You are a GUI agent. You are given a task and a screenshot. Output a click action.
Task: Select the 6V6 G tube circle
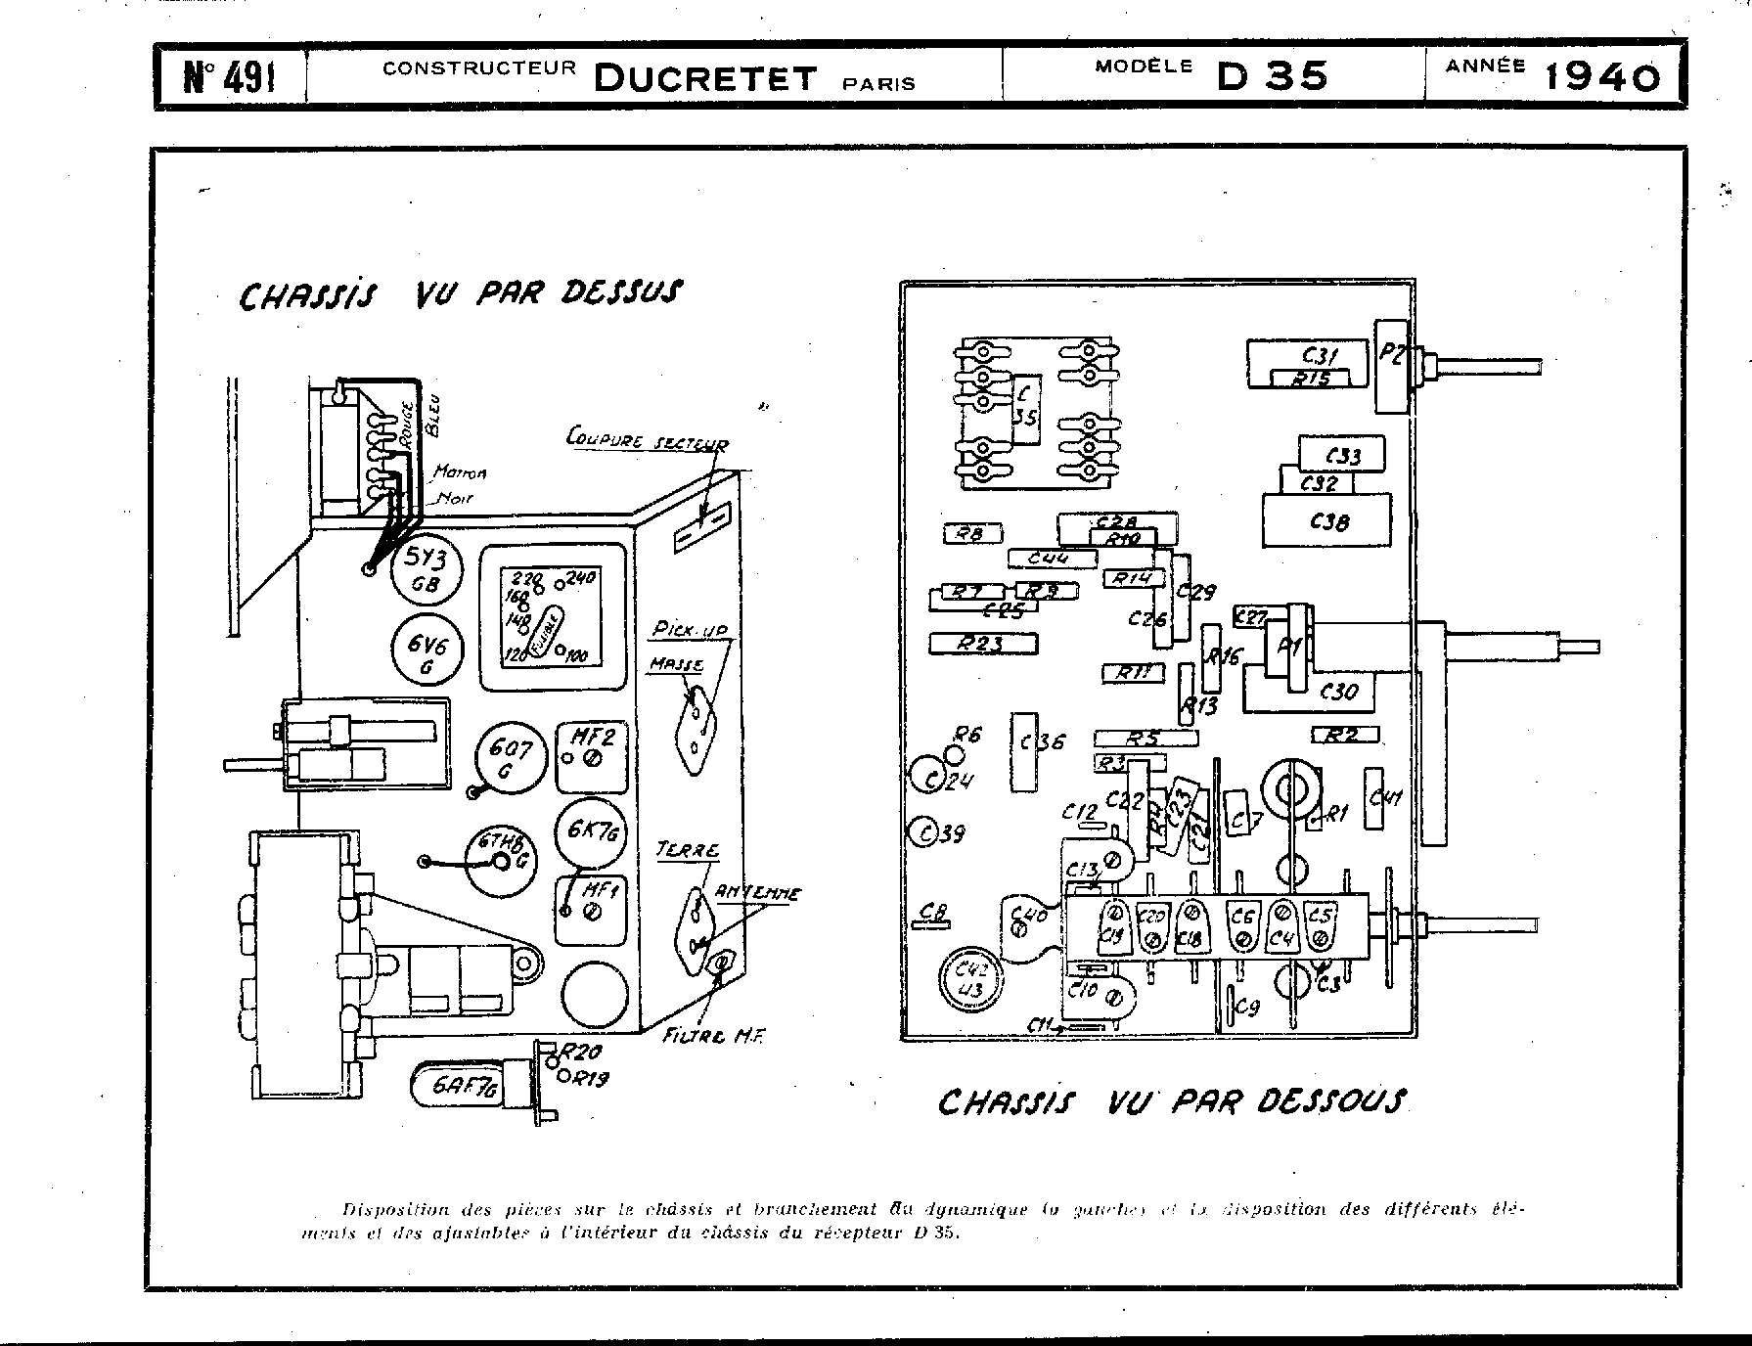pos(427,650)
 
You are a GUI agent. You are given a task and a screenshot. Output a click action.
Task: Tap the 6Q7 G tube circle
pos(511,759)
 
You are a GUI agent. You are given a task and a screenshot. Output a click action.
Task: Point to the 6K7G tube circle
pos(592,833)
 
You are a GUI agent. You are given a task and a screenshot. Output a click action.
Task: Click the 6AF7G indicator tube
pos(471,1087)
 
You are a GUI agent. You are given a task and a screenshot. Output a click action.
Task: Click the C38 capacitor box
pos(1326,521)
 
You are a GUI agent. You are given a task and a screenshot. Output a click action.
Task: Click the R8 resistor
pos(969,533)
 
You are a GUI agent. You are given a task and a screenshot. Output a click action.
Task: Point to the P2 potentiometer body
pos(1391,366)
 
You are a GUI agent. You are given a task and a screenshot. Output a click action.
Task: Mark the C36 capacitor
pos(1023,750)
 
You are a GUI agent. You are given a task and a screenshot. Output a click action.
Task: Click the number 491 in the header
pos(230,76)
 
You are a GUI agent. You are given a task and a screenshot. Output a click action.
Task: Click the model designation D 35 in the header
pos(1272,76)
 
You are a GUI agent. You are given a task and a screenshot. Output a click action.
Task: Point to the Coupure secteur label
pos(647,439)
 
